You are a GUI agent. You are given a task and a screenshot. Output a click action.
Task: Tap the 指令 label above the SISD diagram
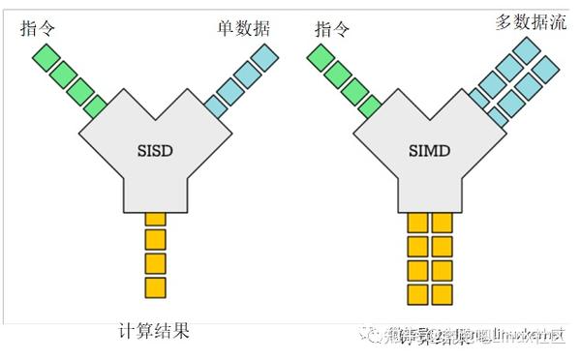point(37,29)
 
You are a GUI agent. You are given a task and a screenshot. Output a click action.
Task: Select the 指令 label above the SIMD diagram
point(332,29)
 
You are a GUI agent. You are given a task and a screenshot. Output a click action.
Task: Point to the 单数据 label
point(242,29)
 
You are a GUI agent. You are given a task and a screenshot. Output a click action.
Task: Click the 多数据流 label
point(530,21)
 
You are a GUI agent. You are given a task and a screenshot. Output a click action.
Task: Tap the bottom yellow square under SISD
point(155,287)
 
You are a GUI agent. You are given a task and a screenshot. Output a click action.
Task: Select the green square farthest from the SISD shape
point(44,58)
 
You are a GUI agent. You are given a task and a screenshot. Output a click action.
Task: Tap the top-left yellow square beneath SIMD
point(417,224)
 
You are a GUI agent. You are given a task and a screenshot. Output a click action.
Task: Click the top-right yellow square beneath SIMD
point(442,224)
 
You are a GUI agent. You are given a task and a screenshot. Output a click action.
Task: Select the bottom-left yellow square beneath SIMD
point(417,292)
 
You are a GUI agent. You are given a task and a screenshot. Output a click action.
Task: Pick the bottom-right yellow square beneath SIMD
point(442,292)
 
